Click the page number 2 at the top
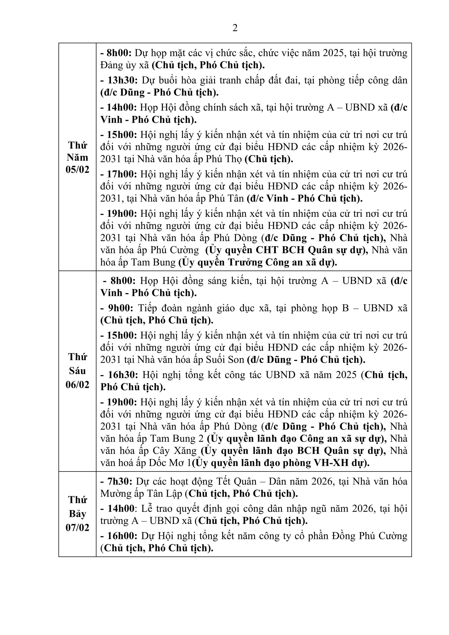(x=235, y=28)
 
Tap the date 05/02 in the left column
(x=77, y=169)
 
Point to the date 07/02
(x=77, y=528)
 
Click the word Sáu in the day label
(x=77, y=371)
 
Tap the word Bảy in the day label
(x=77, y=514)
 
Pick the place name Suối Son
(x=225, y=360)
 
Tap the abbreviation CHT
(x=267, y=250)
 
